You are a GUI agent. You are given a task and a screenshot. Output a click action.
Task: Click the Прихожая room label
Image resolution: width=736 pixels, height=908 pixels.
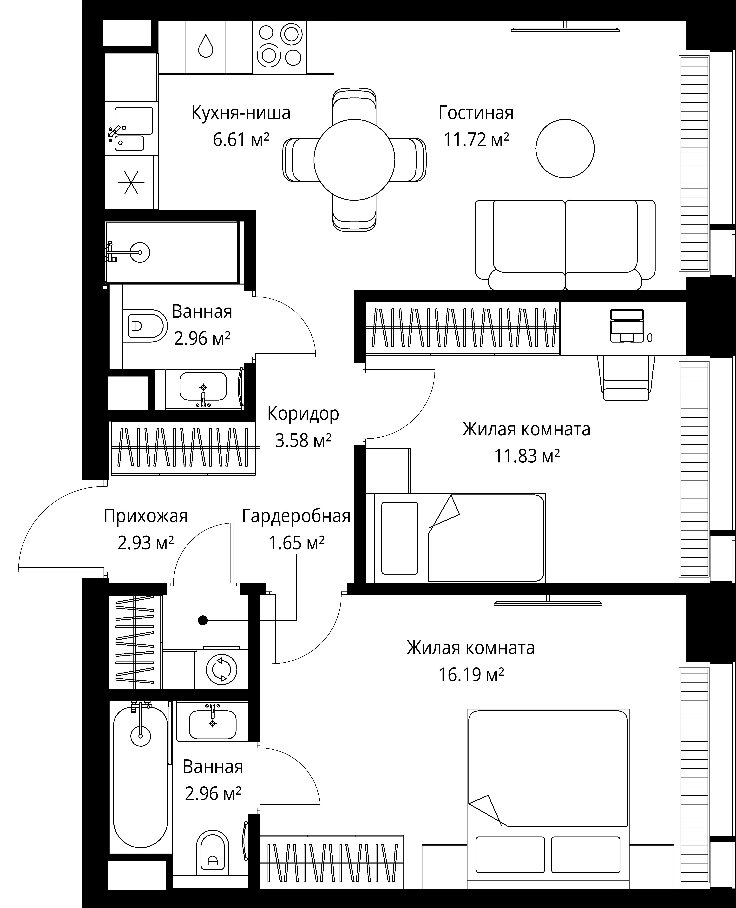pos(145,516)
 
